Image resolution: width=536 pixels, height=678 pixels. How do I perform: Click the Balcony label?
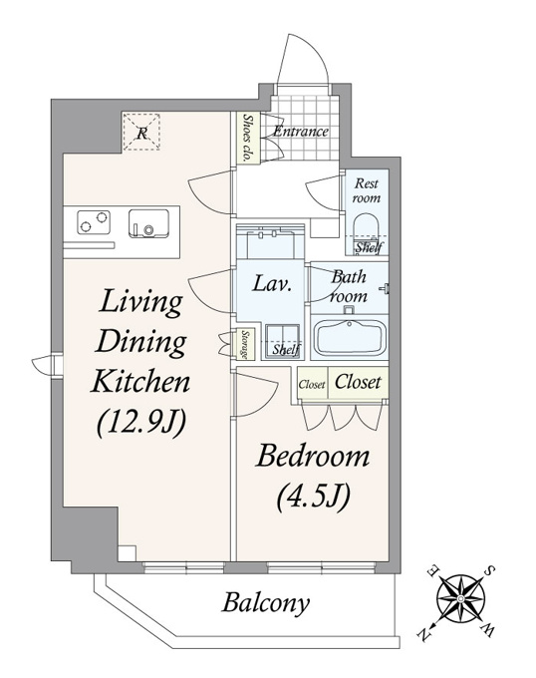tap(266, 603)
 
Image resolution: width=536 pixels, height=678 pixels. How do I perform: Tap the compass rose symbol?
tap(460, 598)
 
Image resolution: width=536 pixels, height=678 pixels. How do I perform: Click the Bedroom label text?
tap(313, 457)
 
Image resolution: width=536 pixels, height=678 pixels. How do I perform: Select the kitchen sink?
tap(148, 223)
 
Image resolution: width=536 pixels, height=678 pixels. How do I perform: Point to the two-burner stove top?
tap(94, 222)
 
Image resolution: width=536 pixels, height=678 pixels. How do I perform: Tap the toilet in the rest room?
tap(366, 229)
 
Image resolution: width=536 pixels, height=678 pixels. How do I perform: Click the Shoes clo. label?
tap(247, 138)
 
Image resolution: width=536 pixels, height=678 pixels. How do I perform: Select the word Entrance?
tap(301, 131)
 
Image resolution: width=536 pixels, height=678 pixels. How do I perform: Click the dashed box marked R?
tap(141, 133)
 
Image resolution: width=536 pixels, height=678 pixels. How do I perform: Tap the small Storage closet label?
tap(244, 345)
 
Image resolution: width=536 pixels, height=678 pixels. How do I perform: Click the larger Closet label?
tap(358, 382)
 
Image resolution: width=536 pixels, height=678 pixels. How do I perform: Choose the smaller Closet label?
tap(312, 384)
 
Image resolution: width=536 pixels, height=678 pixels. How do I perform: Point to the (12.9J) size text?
tap(140, 423)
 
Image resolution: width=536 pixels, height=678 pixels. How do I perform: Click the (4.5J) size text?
tap(312, 496)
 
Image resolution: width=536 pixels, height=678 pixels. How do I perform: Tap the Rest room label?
tap(367, 190)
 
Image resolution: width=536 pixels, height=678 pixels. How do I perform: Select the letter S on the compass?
tap(490, 570)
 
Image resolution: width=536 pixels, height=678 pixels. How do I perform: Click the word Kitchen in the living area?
tap(140, 381)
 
